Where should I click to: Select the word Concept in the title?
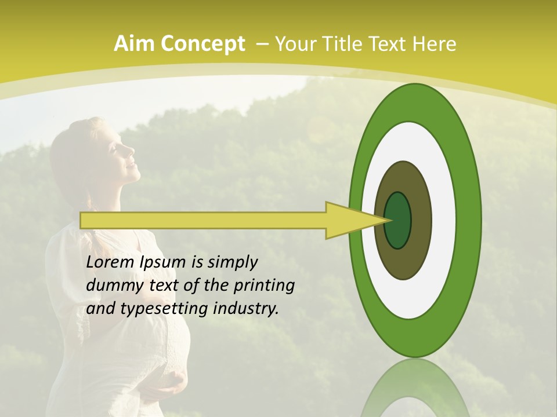point(202,45)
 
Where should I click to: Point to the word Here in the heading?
point(435,43)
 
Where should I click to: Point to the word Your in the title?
point(294,43)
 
